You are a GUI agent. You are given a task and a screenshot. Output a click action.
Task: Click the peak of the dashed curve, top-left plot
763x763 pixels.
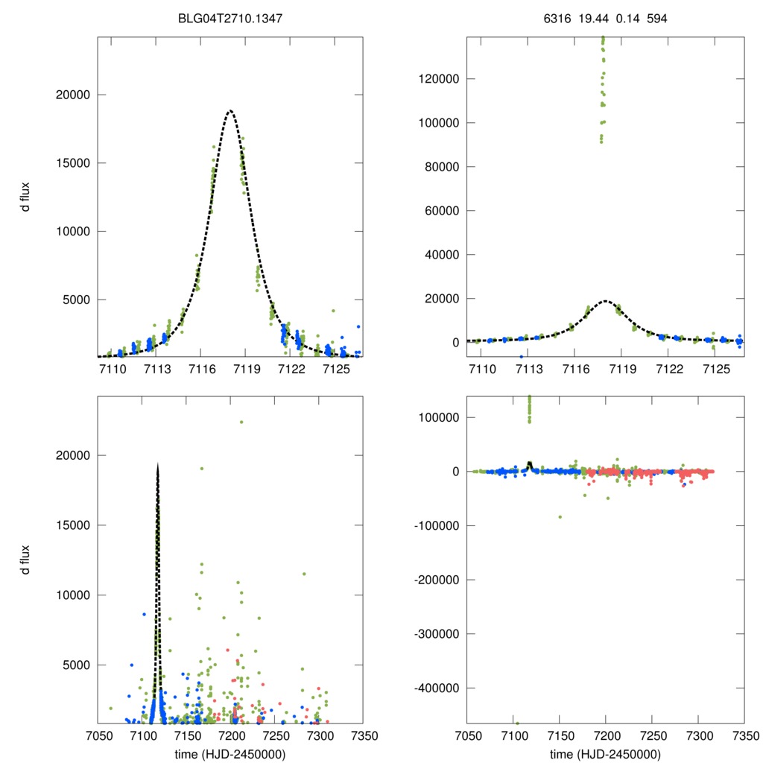(230, 111)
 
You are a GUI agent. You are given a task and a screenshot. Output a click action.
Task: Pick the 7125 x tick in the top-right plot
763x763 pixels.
(715, 370)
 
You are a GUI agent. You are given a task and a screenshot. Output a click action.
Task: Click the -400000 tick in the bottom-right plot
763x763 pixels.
(436, 688)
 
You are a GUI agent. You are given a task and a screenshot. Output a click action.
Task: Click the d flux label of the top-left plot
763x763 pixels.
(26, 197)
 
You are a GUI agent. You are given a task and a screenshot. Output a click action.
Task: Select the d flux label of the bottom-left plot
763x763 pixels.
(26, 558)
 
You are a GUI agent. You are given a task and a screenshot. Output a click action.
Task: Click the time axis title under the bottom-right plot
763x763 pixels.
(605, 753)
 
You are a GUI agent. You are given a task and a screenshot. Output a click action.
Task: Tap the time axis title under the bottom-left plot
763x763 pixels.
(230, 753)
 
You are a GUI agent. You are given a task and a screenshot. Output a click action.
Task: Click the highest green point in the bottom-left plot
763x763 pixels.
(241, 422)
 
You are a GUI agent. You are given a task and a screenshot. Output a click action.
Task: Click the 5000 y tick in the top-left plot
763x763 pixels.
(77, 300)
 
